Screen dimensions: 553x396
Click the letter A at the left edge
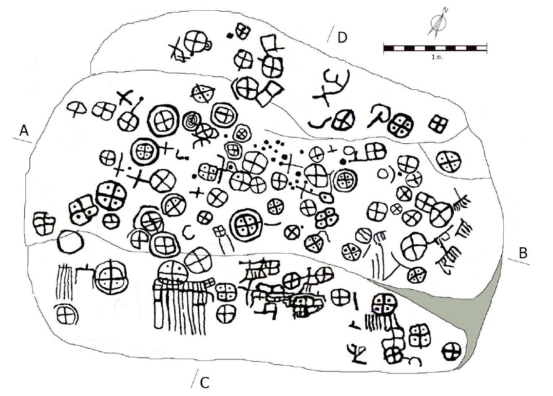pos(23,131)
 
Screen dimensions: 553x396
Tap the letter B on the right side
pos(523,253)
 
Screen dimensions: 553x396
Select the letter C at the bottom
pos(205,382)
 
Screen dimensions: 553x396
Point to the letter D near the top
pos(343,37)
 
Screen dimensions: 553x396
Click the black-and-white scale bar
pos(435,48)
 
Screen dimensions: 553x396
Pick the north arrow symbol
pos(439,22)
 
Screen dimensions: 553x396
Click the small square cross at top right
pos(439,124)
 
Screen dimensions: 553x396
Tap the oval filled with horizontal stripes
pos(363,236)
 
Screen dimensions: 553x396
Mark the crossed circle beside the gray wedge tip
pos(451,351)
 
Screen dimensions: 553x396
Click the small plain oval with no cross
pos(382,173)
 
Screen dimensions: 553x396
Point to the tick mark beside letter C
pos(194,378)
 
